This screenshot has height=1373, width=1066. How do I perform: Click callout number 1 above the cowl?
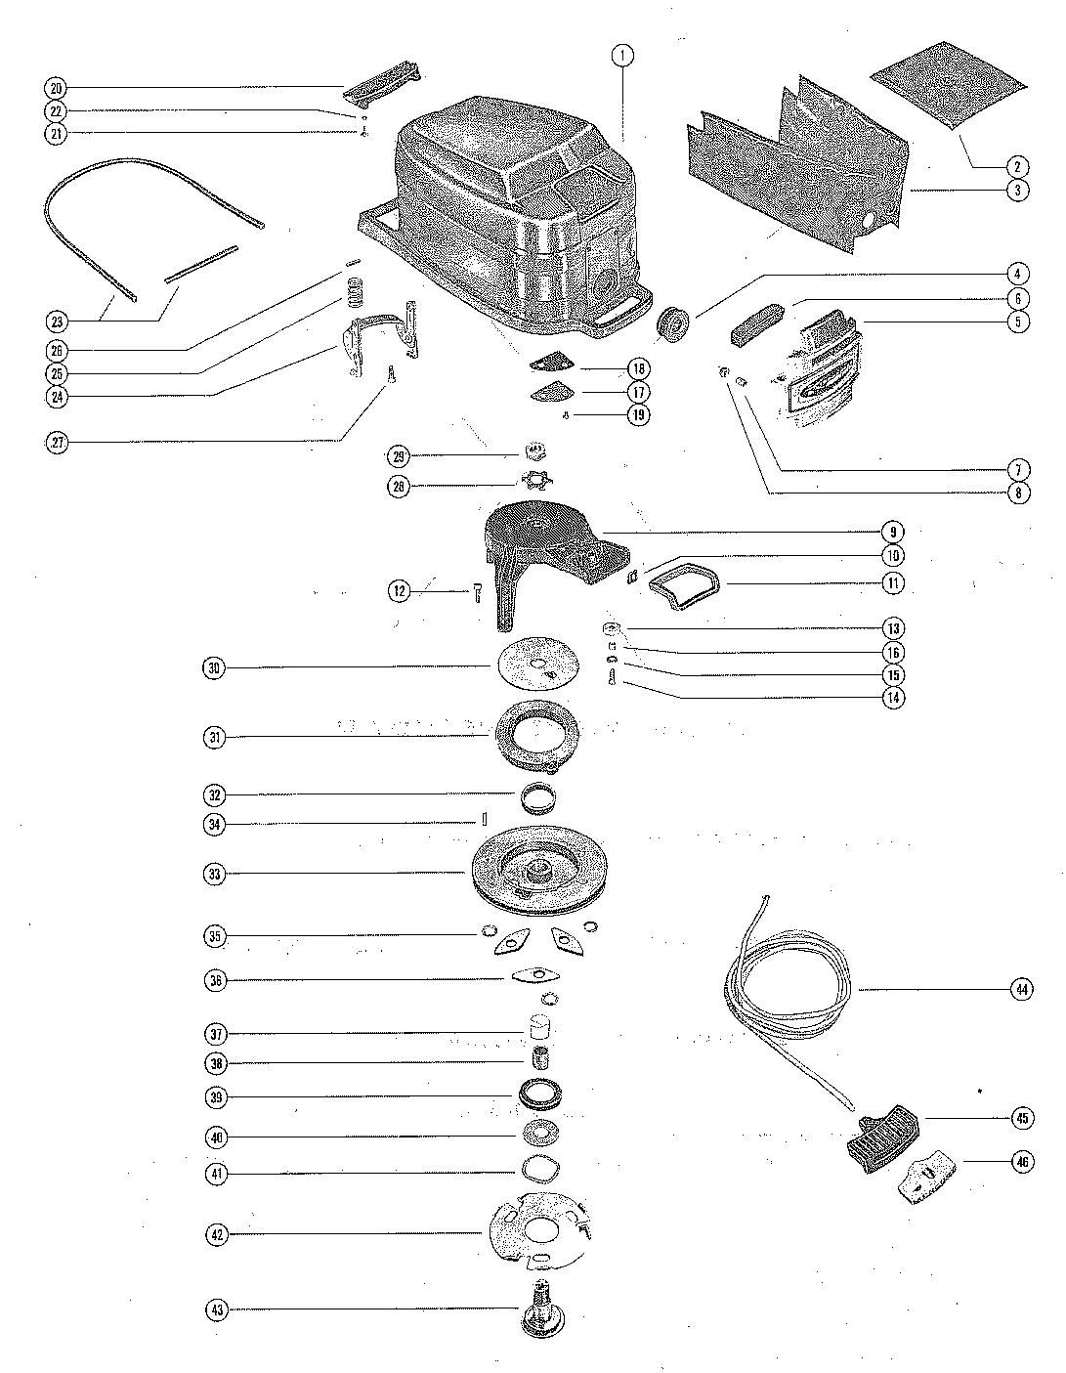click(621, 55)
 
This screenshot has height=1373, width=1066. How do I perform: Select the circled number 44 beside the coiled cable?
click(1021, 990)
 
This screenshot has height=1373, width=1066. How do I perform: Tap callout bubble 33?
click(216, 874)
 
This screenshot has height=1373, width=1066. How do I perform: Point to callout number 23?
click(57, 320)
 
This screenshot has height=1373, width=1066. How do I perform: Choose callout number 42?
click(216, 1235)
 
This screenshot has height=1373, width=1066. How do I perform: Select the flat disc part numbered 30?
click(536, 666)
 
